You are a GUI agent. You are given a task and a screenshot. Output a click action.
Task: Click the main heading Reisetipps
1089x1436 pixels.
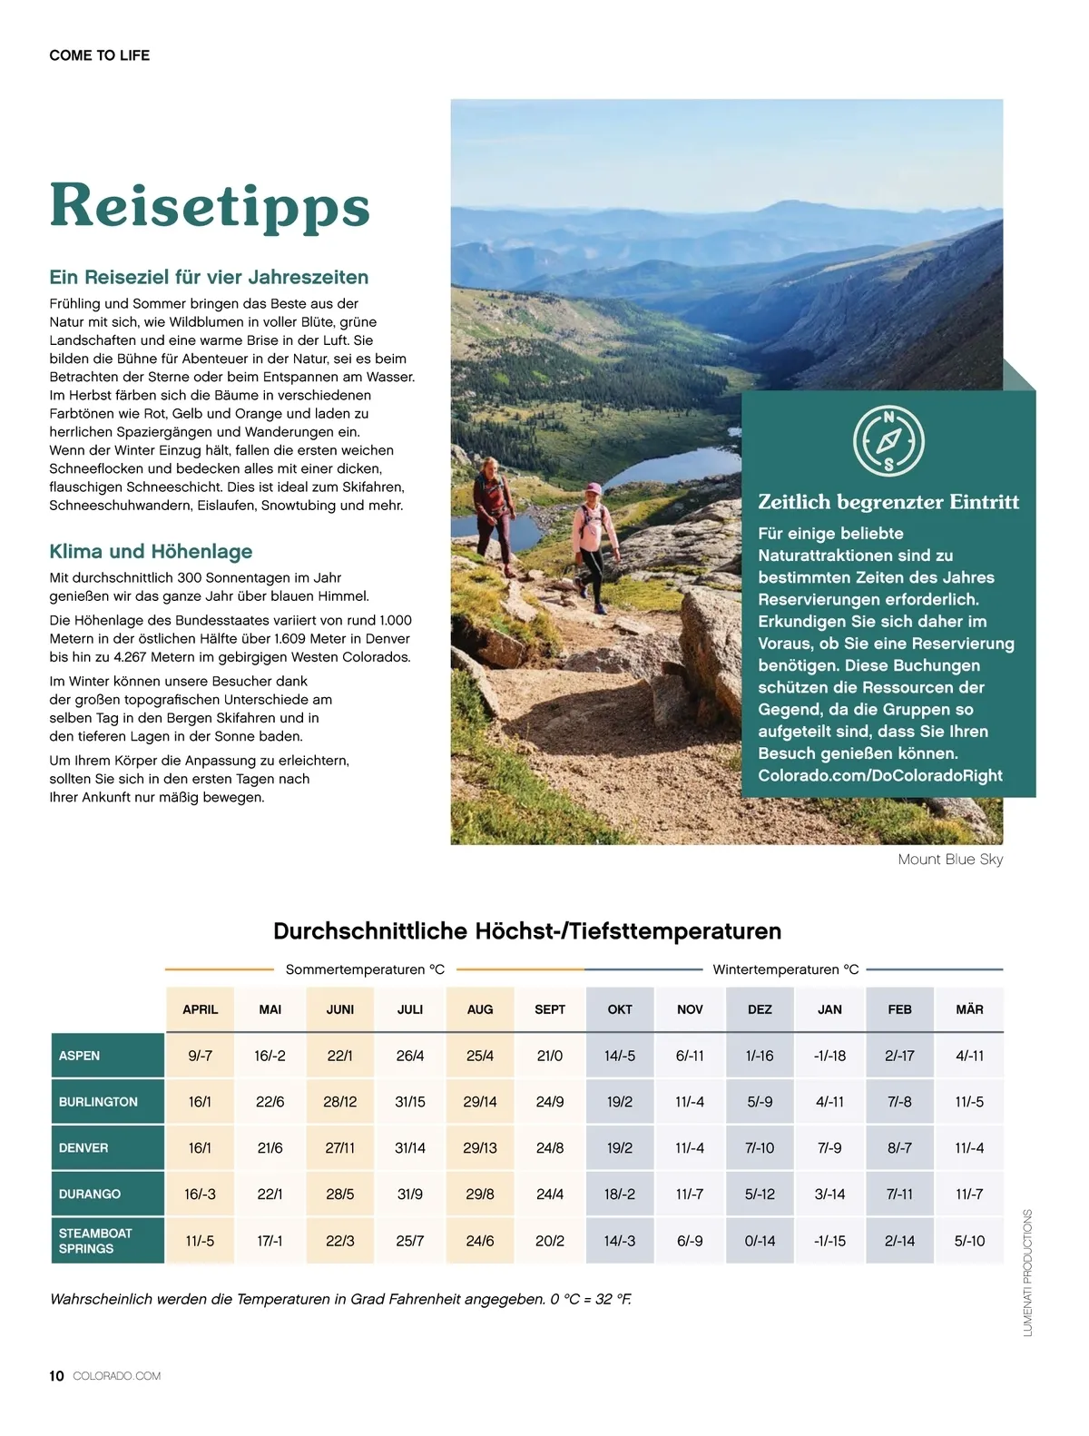tap(210, 205)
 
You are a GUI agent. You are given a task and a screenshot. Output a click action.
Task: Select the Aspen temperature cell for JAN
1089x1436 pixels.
tap(829, 1056)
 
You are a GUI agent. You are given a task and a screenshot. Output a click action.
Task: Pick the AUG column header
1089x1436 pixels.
tap(480, 1009)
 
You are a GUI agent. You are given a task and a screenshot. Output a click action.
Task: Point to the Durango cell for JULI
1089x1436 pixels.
tap(410, 1194)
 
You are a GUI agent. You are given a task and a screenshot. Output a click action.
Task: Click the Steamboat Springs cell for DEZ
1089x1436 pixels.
tap(760, 1241)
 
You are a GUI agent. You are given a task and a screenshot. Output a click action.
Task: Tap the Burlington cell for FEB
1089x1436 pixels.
tap(899, 1102)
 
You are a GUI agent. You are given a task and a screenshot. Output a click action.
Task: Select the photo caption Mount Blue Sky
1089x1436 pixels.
tap(950, 859)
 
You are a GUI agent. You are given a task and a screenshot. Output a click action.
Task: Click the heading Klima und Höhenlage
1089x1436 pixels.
tap(151, 551)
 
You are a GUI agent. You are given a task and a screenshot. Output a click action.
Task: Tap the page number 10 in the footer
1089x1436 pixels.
tap(56, 1375)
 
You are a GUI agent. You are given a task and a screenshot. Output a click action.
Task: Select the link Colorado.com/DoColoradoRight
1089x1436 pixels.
tap(880, 775)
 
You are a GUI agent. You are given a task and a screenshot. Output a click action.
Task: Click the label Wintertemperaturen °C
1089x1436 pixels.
tap(785, 969)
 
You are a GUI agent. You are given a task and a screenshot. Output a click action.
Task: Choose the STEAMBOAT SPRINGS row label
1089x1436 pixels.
tap(95, 1241)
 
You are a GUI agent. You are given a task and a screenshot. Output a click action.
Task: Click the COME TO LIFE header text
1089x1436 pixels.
tap(100, 55)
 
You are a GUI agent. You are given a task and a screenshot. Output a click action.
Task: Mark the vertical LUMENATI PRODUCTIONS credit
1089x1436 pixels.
tap(1027, 1272)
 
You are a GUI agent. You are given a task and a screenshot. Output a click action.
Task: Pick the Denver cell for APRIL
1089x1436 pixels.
tap(200, 1147)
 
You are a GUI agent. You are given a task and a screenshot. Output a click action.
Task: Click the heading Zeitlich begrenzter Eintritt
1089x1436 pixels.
tap(888, 502)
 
